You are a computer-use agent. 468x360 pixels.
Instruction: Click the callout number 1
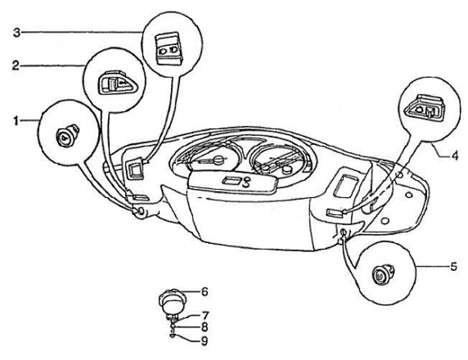point(16,122)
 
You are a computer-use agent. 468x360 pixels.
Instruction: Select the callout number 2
point(16,66)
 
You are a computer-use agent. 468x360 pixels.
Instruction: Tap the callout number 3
point(17,32)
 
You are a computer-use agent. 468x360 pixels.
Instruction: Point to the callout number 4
point(454,155)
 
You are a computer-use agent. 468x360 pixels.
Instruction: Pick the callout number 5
point(454,266)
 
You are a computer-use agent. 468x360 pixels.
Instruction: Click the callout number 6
point(204,292)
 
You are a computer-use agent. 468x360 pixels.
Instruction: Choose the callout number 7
point(205,315)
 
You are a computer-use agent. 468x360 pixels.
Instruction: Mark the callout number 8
point(204,327)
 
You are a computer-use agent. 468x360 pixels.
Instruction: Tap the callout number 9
point(204,341)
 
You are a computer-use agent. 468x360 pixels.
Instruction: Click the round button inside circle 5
point(382,272)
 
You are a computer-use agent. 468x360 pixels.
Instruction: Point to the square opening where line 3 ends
point(135,170)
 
